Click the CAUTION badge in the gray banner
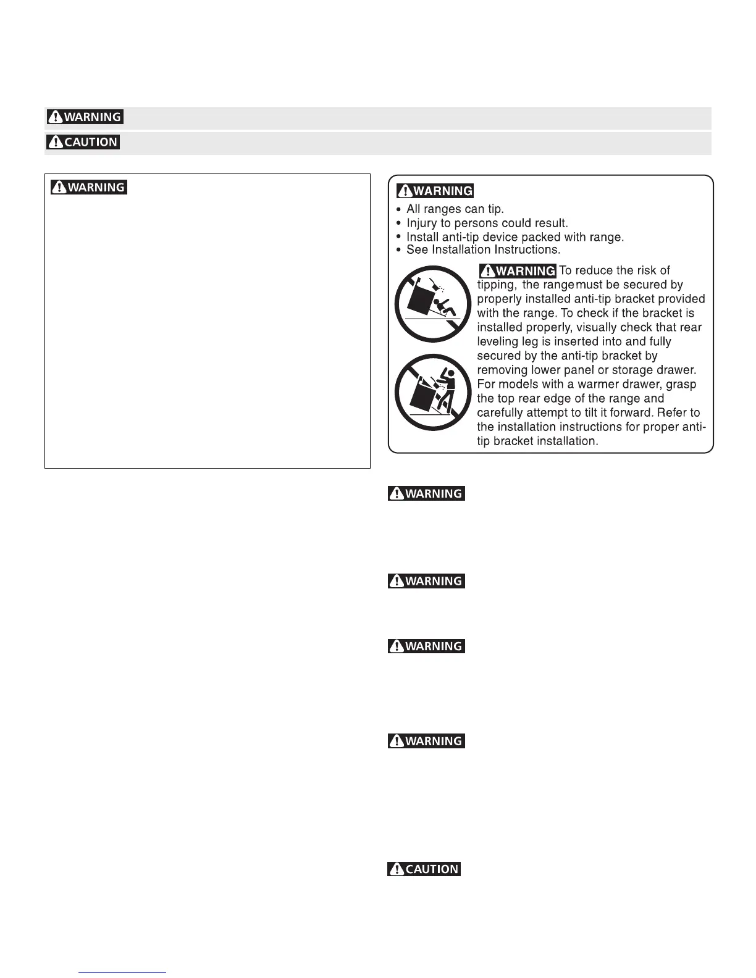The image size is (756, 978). (x=83, y=142)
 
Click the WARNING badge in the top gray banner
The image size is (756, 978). (x=85, y=117)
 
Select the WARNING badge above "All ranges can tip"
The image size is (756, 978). (x=435, y=191)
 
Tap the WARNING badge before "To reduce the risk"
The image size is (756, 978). (x=518, y=270)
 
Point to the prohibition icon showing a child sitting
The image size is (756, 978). (x=432, y=304)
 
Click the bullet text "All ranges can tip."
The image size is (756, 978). (x=455, y=209)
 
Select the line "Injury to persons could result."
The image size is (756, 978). (x=487, y=223)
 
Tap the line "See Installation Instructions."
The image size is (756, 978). (x=483, y=250)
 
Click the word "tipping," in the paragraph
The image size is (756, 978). (x=497, y=285)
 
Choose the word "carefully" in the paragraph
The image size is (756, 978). (x=502, y=412)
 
